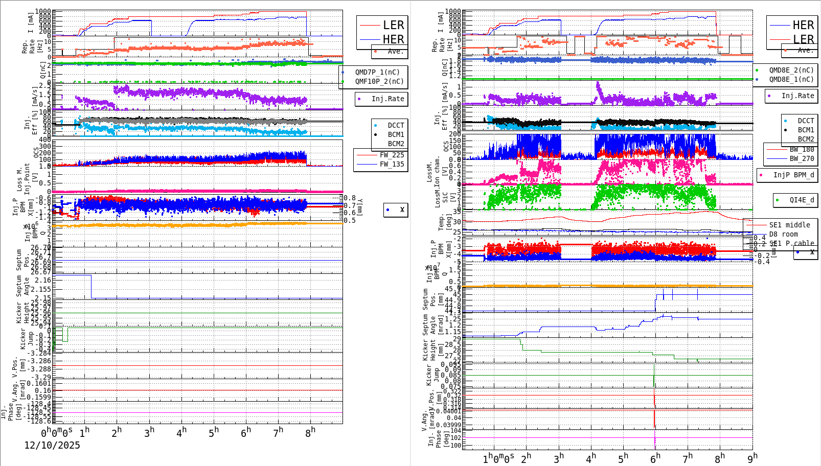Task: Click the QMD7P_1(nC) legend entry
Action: (x=377, y=72)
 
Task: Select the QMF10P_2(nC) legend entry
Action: (x=379, y=81)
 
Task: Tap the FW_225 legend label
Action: (x=392, y=155)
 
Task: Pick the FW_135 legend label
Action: (x=392, y=164)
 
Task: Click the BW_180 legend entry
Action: (x=802, y=149)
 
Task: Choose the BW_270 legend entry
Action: (x=802, y=158)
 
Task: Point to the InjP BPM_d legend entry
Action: (x=793, y=175)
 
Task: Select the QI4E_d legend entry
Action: (x=801, y=200)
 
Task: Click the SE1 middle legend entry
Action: (x=789, y=225)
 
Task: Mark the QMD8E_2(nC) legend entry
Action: (x=791, y=70)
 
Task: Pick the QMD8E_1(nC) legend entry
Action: (x=791, y=79)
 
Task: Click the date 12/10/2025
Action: (x=52, y=446)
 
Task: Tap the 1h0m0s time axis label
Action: (x=498, y=459)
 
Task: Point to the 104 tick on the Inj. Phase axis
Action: (x=455, y=431)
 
